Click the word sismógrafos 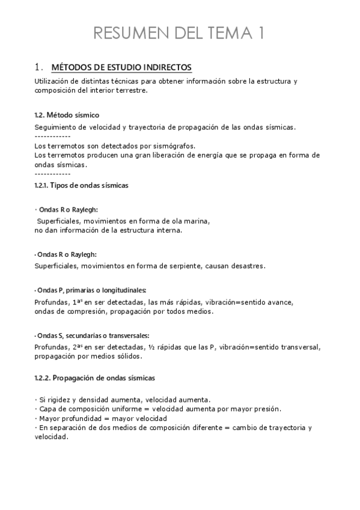(x=174, y=146)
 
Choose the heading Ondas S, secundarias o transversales (x=92, y=335)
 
